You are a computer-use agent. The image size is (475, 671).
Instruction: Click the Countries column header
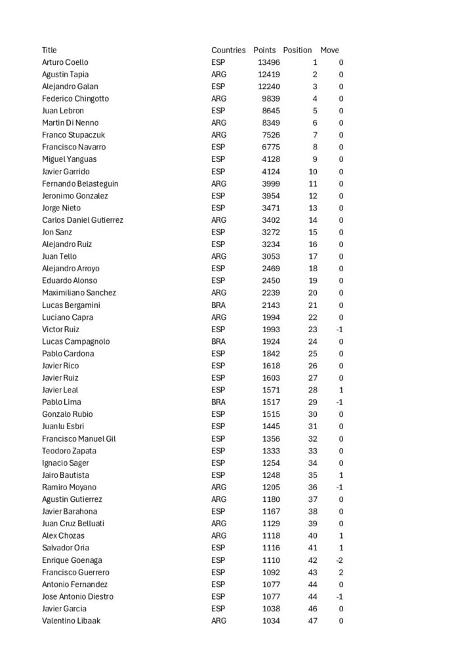coord(228,50)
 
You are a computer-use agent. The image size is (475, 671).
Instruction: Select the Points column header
coord(264,50)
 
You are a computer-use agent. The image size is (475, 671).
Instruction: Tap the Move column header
coord(329,50)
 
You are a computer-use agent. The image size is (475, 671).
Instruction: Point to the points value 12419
coord(268,75)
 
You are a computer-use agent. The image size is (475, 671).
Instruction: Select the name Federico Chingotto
coord(75,99)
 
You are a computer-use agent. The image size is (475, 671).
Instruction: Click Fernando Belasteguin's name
coord(80,183)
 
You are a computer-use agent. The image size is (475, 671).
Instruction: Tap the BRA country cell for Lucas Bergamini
coord(218,305)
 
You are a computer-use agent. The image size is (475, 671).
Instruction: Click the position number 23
coord(312,329)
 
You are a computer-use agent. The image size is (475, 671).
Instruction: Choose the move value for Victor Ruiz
coord(339,329)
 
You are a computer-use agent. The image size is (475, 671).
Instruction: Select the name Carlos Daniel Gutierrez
coord(83,220)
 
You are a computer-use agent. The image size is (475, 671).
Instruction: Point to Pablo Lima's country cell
coord(218,402)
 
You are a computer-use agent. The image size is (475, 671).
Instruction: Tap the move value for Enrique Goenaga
coord(339,560)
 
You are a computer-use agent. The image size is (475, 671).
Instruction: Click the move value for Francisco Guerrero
coord(341,572)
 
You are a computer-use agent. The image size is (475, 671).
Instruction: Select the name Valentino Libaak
coord(71,621)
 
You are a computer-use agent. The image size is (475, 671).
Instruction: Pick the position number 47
coord(312,621)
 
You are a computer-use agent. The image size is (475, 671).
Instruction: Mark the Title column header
coord(49,50)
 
